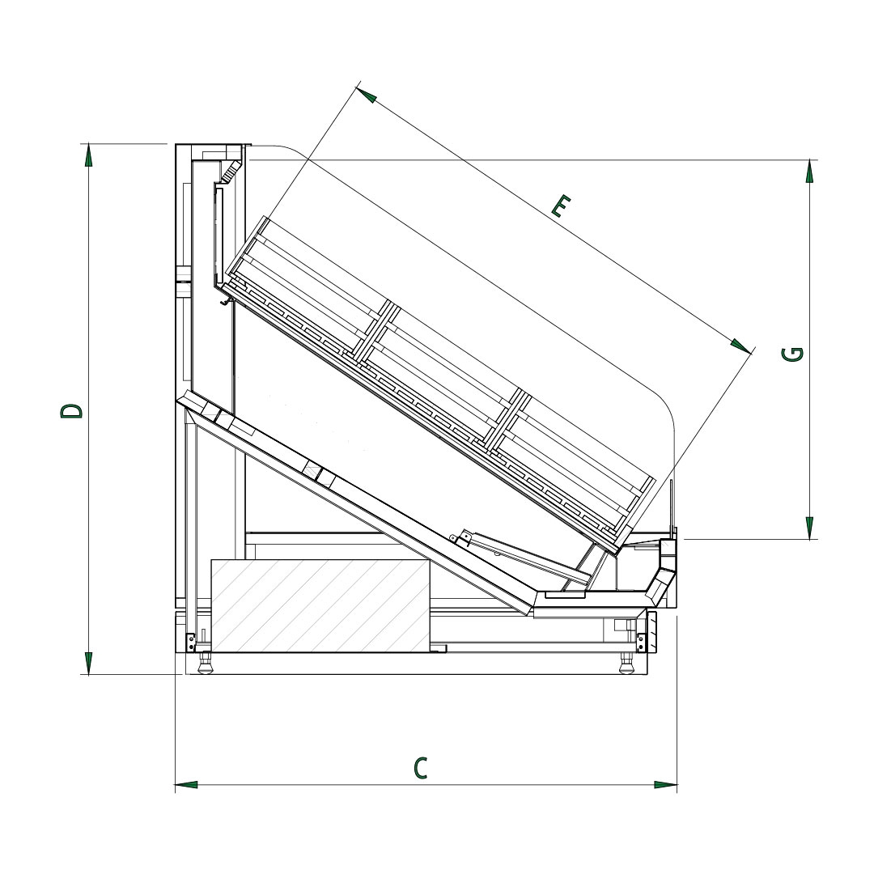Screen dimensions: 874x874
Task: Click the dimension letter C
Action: [421, 767]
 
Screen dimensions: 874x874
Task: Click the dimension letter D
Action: [72, 411]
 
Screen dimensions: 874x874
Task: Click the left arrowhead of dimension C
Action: [186, 785]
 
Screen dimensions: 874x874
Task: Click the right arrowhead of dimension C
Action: [666, 785]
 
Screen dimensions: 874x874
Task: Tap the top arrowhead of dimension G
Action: [809, 171]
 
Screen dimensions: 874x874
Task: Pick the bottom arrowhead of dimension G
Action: [809, 528]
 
